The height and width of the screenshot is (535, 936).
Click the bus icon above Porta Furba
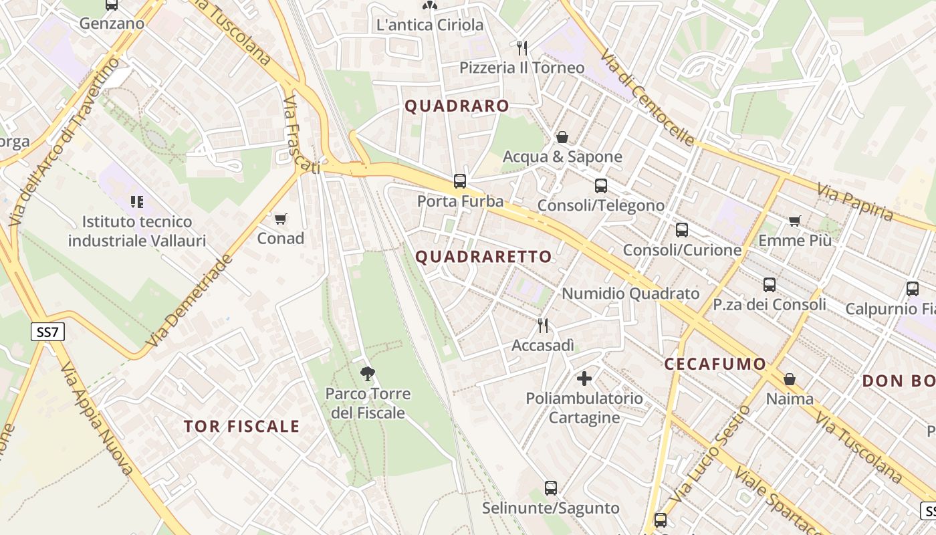[x=460, y=181]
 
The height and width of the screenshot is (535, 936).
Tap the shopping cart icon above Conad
[x=281, y=219]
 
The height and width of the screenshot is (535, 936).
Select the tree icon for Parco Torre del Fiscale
[x=367, y=373]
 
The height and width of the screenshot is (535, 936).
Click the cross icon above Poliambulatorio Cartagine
[x=584, y=379]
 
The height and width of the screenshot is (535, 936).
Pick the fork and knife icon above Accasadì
[x=543, y=326]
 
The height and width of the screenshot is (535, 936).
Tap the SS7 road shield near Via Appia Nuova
[x=47, y=332]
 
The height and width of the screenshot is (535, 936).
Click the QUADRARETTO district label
[x=484, y=257]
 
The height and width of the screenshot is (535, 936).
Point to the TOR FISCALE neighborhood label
[x=241, y=427]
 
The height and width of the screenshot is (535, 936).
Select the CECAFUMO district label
[x=715, y=364]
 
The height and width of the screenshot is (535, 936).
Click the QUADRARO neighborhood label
[x=457, y=106]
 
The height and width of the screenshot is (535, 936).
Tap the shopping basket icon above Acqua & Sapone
[x=562, y=137]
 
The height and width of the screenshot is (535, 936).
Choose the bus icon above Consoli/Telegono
[x=601, y=186]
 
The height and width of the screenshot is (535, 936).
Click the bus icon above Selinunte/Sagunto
[x=551, y=488]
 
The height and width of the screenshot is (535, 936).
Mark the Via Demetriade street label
[x=189, y=301]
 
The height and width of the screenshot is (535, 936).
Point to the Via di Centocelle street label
[x=647, y=97]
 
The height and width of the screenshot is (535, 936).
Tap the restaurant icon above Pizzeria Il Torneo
[x=522, y=48]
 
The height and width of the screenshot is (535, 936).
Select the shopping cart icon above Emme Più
[x=795, y=221]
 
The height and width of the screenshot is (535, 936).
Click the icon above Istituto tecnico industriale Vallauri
[x=137, y=201]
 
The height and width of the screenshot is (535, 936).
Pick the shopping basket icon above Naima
[x=790, y=379]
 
